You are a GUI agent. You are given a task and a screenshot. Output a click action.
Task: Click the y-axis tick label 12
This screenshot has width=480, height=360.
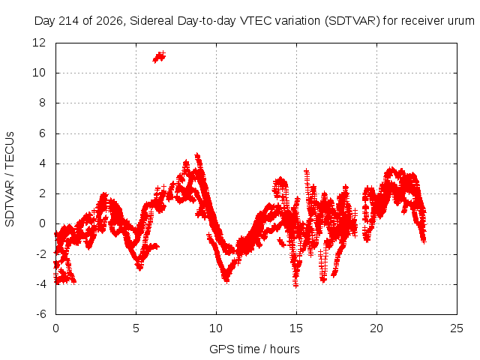(39, 43)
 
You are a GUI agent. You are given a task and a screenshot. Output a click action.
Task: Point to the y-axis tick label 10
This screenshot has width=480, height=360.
(39, 73)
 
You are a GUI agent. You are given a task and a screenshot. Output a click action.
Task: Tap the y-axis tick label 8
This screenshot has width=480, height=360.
(42, 103)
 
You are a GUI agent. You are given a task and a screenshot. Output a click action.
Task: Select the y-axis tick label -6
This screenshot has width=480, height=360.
(41, 314)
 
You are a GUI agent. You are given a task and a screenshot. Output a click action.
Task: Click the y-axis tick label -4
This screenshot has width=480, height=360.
(41, 284)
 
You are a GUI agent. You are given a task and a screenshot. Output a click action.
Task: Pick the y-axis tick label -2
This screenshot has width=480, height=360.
(41, 254)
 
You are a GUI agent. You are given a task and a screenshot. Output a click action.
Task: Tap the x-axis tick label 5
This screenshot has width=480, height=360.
(136, 328)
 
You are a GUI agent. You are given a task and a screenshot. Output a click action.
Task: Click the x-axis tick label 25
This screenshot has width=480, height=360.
(457, 328)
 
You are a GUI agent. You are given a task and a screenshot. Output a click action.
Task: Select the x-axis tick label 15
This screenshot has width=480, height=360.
(296, 328)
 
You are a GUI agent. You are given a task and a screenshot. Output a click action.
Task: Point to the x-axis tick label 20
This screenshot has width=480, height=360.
(376, 328)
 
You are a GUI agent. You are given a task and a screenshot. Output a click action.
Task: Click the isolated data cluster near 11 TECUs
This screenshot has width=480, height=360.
(159, 57)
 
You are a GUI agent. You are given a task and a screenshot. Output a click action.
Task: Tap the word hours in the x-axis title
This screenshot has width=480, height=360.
(285, 349)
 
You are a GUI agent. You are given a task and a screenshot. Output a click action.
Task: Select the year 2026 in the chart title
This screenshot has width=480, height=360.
(109, 21)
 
